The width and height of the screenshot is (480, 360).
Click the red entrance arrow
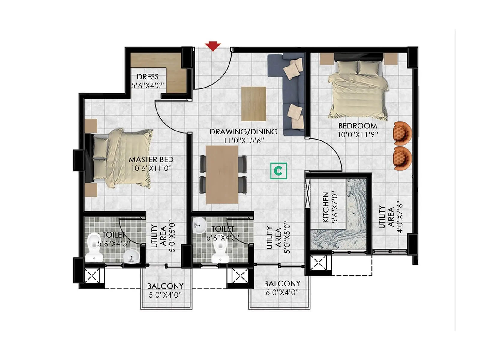(213, 46)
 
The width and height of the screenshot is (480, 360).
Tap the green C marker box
(278, 171)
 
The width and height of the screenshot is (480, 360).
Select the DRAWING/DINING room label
(243, 132)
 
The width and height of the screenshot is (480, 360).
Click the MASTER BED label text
(151, 160)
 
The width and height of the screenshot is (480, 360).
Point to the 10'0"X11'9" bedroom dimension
(358, 135)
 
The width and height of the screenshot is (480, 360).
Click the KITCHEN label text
(326, 207)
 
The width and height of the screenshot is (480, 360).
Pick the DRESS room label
(148, 77)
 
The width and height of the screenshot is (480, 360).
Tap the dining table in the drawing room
(222, 174)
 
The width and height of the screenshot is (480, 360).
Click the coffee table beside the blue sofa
(254, 103)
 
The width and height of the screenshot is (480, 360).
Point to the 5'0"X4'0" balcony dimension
(165, 295)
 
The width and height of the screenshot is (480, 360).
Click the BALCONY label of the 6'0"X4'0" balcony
(282, 283)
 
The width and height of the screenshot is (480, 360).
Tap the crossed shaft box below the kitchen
(318, 263)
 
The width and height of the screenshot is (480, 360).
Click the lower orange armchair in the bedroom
(403, 158)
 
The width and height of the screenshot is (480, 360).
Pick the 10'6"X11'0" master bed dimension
(151, 168)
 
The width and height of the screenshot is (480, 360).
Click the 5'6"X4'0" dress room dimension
(148, 85)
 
